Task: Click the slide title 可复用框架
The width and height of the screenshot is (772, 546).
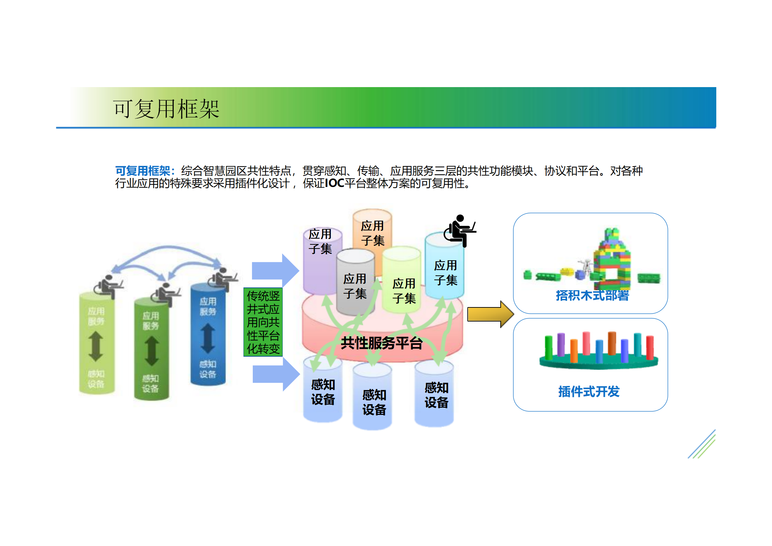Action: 166,109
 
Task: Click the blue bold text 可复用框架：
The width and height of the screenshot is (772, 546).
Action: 145,171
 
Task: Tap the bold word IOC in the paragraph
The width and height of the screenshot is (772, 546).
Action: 334,183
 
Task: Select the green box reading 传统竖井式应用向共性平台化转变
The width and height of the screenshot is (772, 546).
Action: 263,322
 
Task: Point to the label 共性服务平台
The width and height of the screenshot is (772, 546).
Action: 382,343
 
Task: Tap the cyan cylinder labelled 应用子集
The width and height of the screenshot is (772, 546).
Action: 445,272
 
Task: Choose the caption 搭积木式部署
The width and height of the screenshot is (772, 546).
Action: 592,296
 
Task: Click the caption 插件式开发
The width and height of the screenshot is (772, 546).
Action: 589,391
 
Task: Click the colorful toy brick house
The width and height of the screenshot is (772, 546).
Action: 612,262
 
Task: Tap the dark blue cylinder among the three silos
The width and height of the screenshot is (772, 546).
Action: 208,336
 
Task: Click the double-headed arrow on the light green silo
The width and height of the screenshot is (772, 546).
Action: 96,346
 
